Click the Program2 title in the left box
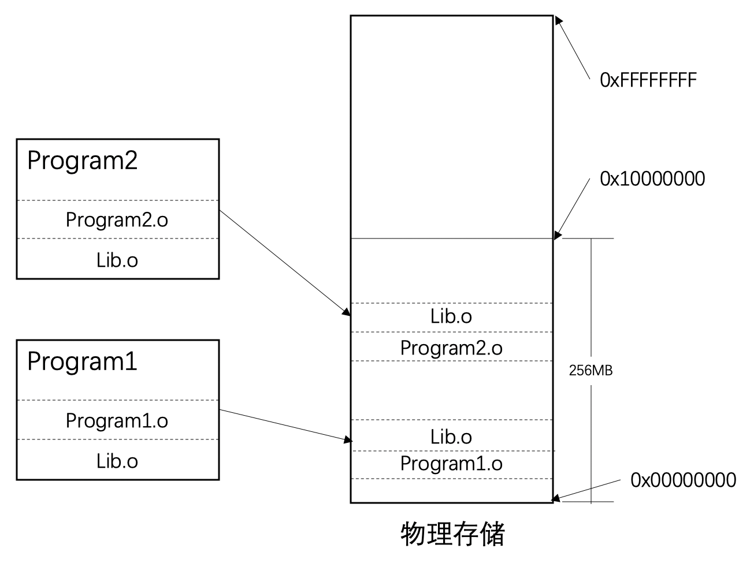pyautogui.click(x=82, y=161)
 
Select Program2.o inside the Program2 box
pyautogui.click(x=117, y=220)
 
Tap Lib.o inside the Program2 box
pyautogui.click(x=117, y=260)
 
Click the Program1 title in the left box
pyautogui.click(x=82, y=361)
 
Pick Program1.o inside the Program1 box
pyautogui.click(x=117, y=420)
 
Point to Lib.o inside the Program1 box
pyautogui.click(x=117, y=461)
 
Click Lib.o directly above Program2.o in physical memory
pyautogui.click(x=451, y=316)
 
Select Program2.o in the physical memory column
pyautogui.click(x=451, y=348)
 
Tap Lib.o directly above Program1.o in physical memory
pyautogui.click(x=451, y=437)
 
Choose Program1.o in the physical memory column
pyautogui.click(x=451, y=464)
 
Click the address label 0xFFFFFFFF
pyautogui.click(x=648, y=80)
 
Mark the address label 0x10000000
pyautogui.click(x=652, y=179)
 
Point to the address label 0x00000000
pyautogui.click(x=683, y=480)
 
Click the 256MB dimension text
pyautogui.click(x=591, y=371)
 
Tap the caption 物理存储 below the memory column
pyautogui.click(x=452, y=534)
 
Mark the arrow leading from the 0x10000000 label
pyautogui.click(x=573, y=208)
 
